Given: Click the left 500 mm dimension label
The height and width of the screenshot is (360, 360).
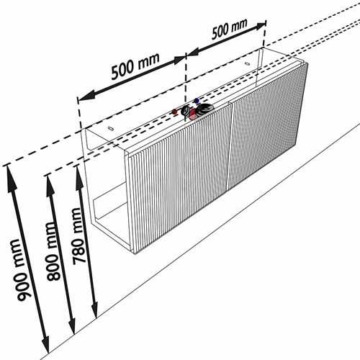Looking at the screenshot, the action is pos(135,66).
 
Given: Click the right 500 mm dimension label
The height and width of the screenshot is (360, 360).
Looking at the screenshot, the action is pos(229,29).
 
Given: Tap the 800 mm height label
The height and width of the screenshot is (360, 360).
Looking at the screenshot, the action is pos(53,251).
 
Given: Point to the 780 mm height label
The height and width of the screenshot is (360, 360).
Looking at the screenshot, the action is pos(78,236).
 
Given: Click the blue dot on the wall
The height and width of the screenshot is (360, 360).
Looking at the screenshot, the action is pos(197,101).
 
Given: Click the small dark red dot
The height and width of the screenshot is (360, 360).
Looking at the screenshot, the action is pos(175,112).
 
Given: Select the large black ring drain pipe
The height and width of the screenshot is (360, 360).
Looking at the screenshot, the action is pos(204,109).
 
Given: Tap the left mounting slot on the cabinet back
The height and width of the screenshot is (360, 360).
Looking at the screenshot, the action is pos(111,128).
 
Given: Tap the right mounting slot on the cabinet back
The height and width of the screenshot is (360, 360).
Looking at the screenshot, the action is pos(248,64).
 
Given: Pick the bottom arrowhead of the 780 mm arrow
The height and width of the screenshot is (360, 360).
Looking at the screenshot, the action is pos(94,308).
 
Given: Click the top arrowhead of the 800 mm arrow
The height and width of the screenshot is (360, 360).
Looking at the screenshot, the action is pos(50,185).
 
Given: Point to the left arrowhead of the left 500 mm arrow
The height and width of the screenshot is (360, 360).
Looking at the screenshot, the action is pos(86,96).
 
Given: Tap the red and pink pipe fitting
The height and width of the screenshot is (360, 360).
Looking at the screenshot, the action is pos(193,114).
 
